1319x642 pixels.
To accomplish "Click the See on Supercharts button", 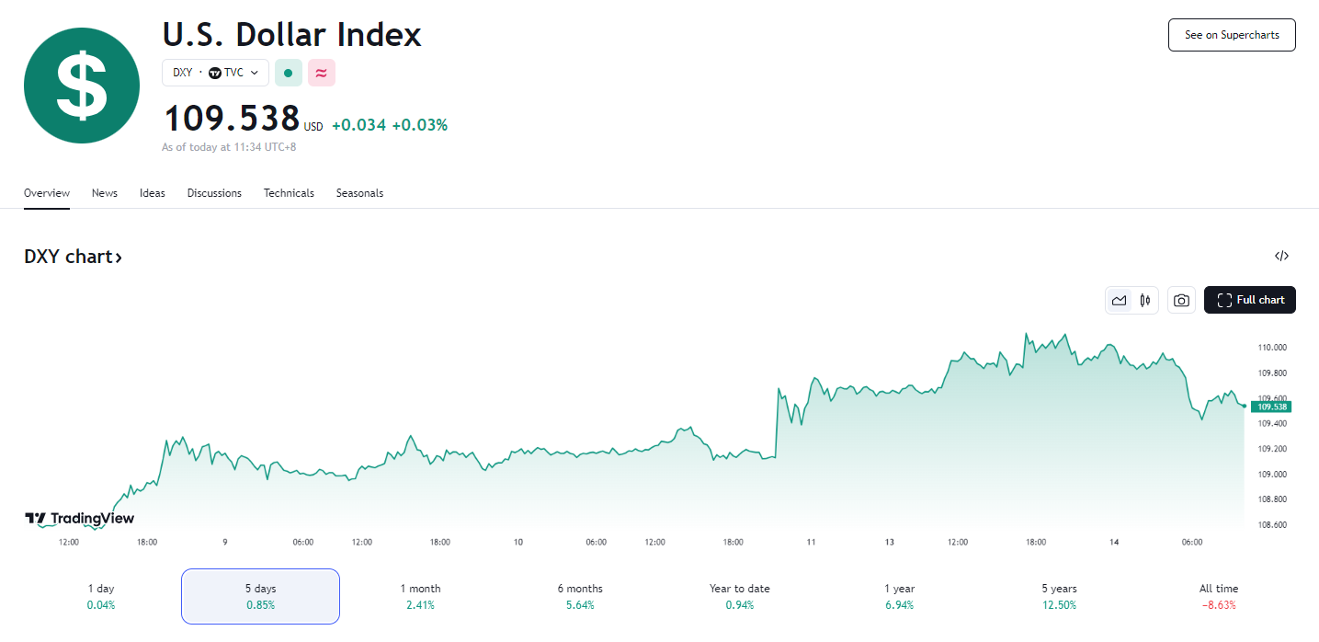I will pos(1231,35).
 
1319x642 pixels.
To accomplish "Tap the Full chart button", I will pos(1249,300).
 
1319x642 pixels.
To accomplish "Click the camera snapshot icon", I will pos(1181,300).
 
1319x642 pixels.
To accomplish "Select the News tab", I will pos(105,193).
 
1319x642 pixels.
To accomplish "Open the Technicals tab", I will pos(289,193).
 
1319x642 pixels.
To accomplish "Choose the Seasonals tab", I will pos(359,193).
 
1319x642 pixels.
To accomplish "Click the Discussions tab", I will pos(214,193).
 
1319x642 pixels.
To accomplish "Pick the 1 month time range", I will pos(420,596).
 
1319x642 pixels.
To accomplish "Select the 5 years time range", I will pos(1059,596).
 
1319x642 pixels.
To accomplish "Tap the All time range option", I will pos(1219,596).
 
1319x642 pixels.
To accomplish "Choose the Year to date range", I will pos(740,596).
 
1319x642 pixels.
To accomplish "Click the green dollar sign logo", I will pos(82,86).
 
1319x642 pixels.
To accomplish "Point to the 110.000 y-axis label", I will pos(1272,348).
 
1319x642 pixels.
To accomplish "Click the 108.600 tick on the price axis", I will pos(1272,524).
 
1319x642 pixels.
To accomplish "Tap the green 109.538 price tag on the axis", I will pos(1273,407).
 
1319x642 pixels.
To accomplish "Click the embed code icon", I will pos(1281,257).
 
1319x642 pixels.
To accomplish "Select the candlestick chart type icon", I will pos(1145,300).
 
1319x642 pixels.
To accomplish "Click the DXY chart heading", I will pos(73,257).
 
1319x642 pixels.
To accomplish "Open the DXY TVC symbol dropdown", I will pos(215,73).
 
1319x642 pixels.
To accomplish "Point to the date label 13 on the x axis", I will pos(890,543).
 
